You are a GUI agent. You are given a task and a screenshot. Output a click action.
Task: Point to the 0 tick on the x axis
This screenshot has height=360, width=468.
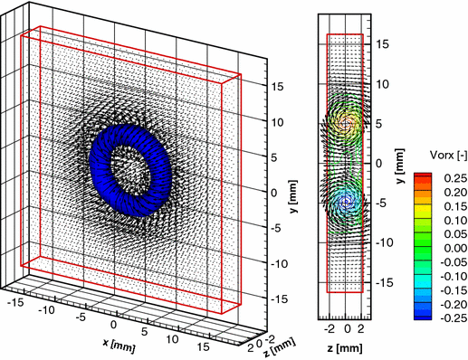click(x=113, y=324)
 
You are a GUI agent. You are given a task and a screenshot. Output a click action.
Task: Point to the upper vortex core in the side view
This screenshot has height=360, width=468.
click(x=347, y=121)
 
